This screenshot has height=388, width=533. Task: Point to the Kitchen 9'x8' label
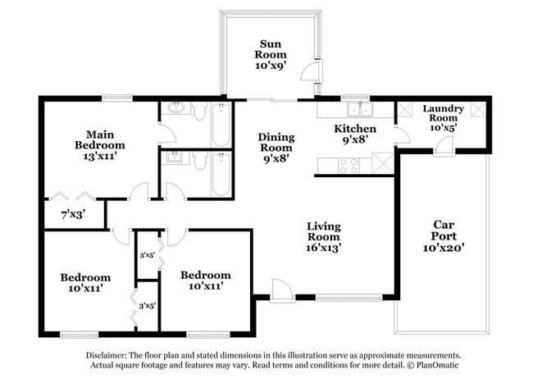point(355,134)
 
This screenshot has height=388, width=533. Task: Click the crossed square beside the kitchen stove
point(380,162)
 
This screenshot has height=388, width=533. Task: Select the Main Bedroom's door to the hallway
point(139,194)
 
